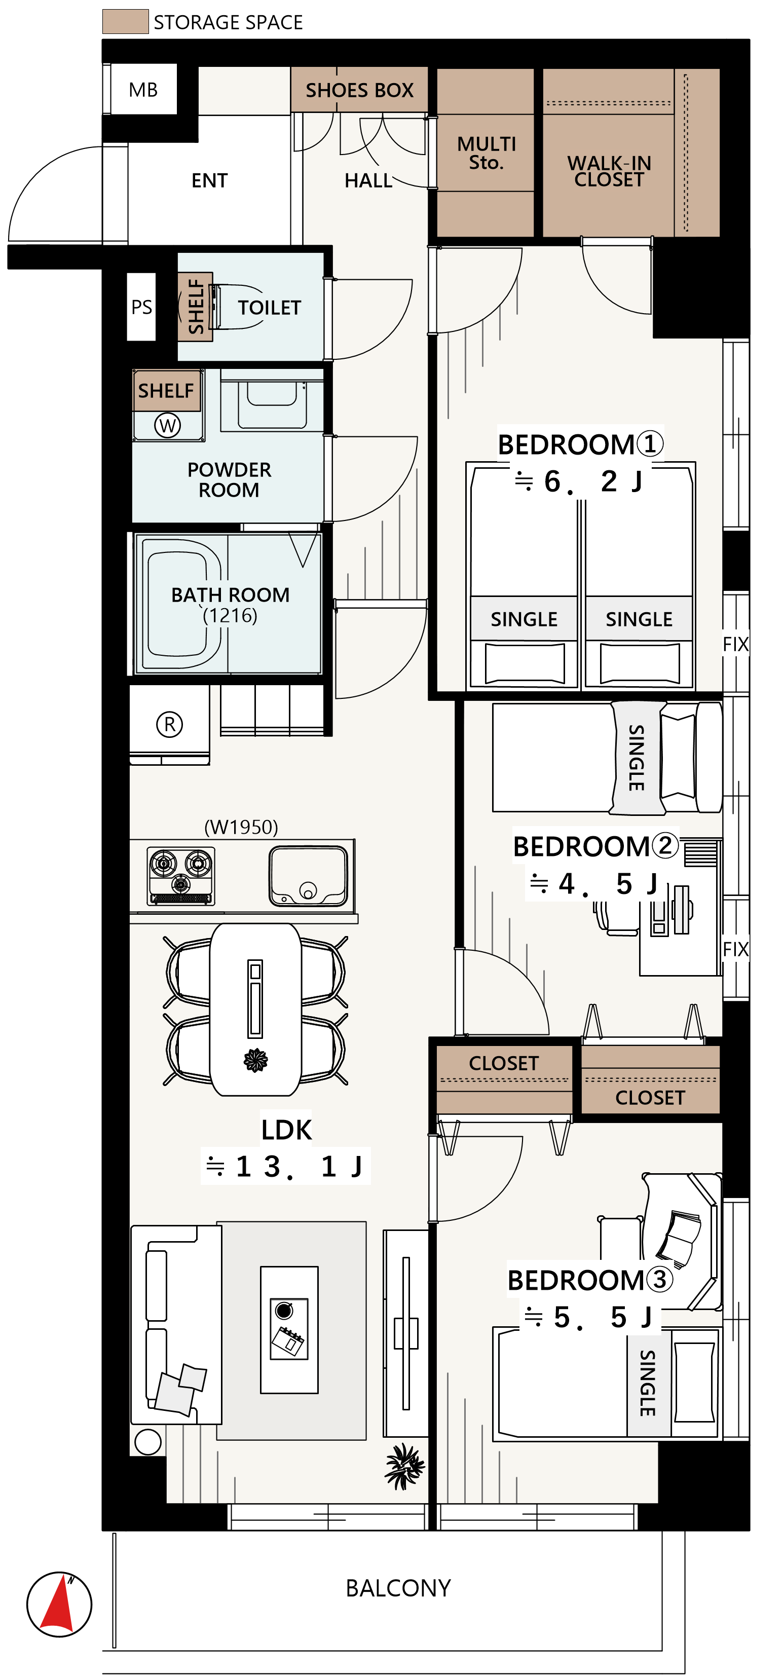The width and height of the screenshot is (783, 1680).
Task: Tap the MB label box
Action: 143,89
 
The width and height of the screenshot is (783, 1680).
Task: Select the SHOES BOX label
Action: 359,90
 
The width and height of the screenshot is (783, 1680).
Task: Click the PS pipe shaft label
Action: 141,307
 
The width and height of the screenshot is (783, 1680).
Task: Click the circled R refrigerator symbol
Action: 169,724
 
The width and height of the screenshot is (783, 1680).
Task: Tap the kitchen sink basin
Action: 308,876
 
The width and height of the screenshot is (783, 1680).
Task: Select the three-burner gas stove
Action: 180,875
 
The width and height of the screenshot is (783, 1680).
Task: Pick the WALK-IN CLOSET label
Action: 609,171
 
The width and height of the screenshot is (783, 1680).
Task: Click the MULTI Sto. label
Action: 487,153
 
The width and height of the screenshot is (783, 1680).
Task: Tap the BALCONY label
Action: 398,1588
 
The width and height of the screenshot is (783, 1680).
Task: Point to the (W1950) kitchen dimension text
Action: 241,827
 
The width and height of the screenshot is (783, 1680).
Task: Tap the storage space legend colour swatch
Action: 125,21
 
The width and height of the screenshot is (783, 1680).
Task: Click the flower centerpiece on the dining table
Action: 255,1060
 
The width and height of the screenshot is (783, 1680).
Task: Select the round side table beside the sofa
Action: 148,1441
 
